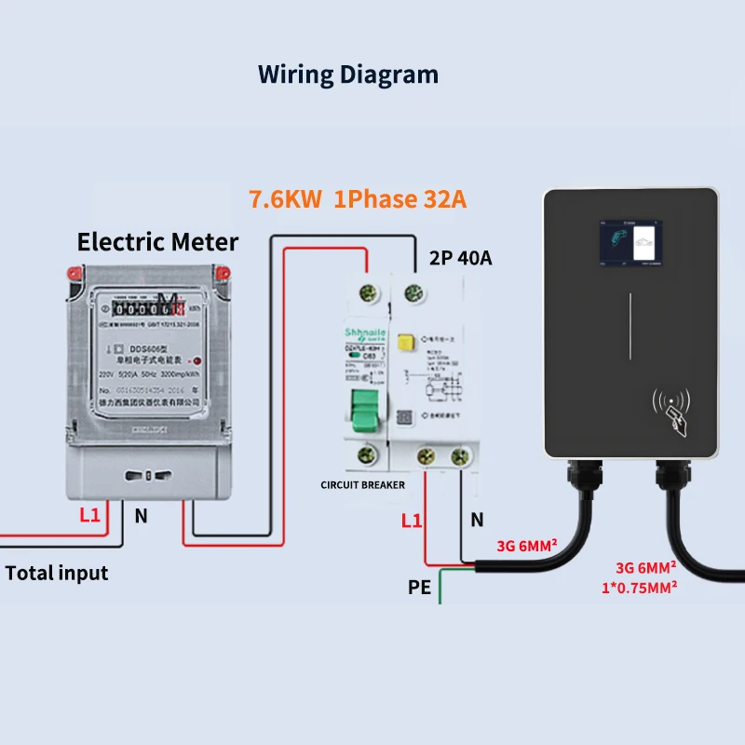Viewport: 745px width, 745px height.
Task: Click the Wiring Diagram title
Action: coord(347,74)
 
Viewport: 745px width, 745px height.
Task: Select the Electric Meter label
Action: coord(157,243)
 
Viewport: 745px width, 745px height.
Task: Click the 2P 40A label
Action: coord(461,258)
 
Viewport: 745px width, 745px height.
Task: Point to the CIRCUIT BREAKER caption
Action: coord(362,485)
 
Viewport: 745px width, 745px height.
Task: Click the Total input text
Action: coord(57,573)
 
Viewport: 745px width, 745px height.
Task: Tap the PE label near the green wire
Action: coord(420,588)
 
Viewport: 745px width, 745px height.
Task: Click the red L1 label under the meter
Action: coord(89,515)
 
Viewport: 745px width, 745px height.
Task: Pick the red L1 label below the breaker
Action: coord(411,521)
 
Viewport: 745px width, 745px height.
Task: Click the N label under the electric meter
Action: coord(141,515)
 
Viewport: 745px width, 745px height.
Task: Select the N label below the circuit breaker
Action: coord(477,521)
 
